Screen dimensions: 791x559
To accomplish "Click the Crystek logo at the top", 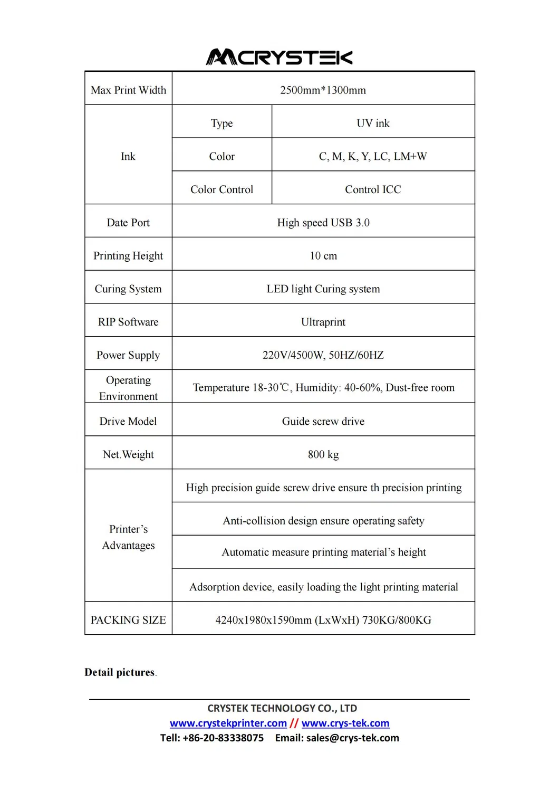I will [279, 57].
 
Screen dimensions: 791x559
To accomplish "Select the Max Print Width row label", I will [128, 90].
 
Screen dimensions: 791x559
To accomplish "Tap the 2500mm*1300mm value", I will [323, 90].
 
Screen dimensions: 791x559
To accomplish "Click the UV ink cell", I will [373, 123].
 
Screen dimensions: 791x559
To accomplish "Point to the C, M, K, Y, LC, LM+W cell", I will [373, 157].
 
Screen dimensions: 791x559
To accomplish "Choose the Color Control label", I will [221, 189].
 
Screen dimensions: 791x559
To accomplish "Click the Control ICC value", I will [373, 189].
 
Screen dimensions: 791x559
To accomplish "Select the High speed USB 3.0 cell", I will [323, 223].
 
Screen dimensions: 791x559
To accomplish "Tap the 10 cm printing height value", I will [323, 256].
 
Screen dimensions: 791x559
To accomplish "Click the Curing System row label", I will [128, 289].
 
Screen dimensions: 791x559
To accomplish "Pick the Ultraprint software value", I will [323, 322].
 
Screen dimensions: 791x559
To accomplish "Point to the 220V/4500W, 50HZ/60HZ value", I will [323, 355].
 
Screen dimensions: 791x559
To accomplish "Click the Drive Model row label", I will [128, 422].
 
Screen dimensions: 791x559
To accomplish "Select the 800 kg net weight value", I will [323, 454].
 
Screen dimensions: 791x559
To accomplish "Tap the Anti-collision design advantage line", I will [323, 521].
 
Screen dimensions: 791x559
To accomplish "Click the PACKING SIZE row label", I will [128, 620].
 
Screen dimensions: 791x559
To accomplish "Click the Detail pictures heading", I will [120, 672].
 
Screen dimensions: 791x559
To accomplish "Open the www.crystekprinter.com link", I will [228, 723].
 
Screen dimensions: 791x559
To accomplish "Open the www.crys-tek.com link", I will [345, 723].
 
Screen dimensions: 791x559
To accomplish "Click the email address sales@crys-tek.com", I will [352, 738].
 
